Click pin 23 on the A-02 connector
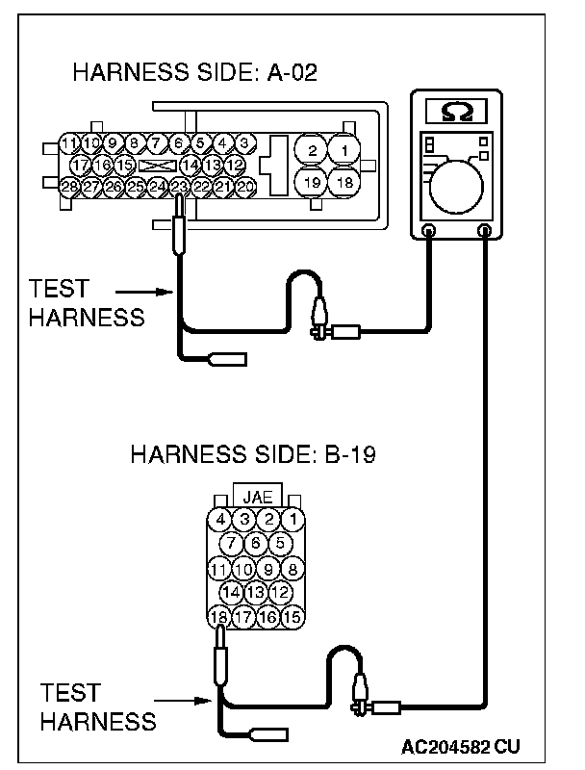click(x=179, y=186)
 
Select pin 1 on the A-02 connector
click(x=343, y=150)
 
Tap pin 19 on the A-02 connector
click(x=311, y=183)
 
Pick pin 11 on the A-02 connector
click(x=68, y=144)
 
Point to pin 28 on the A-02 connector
click(x=68, y=186)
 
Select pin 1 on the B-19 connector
click(x=294, y=521)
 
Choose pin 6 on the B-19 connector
click(x=257, y=544)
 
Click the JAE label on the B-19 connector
click(x=257, y=498)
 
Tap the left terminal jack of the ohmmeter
click(x=429, y=230)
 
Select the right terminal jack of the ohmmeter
click(x=486, y=230)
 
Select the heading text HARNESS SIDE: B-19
click(x=252, y=453)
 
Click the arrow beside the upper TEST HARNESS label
click(x=132, y=290)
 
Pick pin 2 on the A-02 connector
click(x=311, y=150)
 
